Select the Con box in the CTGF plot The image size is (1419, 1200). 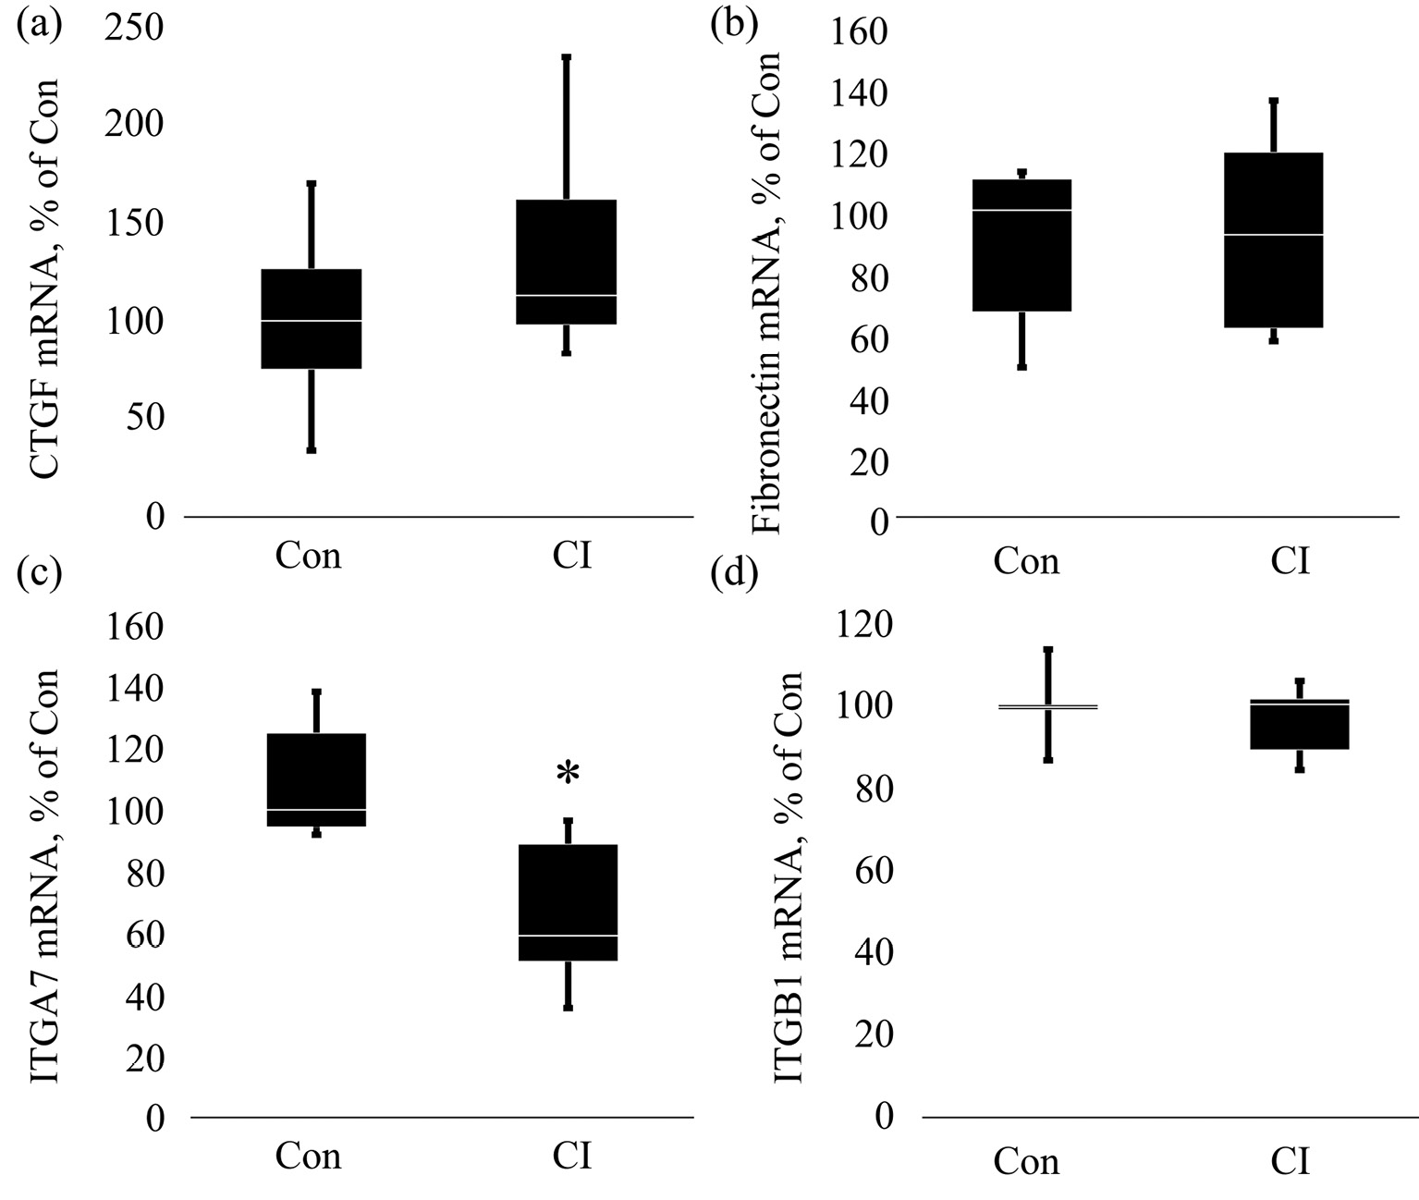312,319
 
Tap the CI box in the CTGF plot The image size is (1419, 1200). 567,262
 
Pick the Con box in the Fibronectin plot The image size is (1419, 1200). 1022,245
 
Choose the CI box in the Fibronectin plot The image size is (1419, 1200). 1273,239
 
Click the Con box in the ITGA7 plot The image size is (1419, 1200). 316,779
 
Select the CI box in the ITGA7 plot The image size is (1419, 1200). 568,902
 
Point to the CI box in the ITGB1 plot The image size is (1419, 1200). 1299,724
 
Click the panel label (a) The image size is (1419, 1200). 39,23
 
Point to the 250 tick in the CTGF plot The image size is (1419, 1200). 134,28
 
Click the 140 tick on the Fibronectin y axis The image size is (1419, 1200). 860,93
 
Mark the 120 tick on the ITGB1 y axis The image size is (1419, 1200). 865,627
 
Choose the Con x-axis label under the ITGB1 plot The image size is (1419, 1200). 1026,1161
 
